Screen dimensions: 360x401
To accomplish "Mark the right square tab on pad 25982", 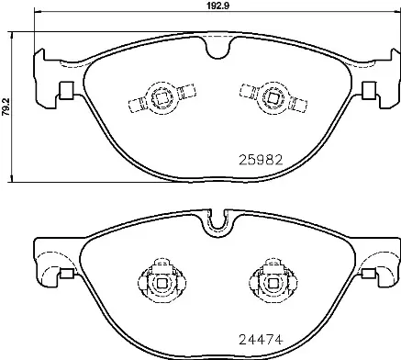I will [368, 92].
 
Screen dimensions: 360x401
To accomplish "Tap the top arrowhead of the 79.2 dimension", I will [10, 34].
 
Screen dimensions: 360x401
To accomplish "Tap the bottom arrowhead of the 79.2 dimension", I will [10, 177].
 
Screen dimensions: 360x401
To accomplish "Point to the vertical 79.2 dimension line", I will [10, 138].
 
